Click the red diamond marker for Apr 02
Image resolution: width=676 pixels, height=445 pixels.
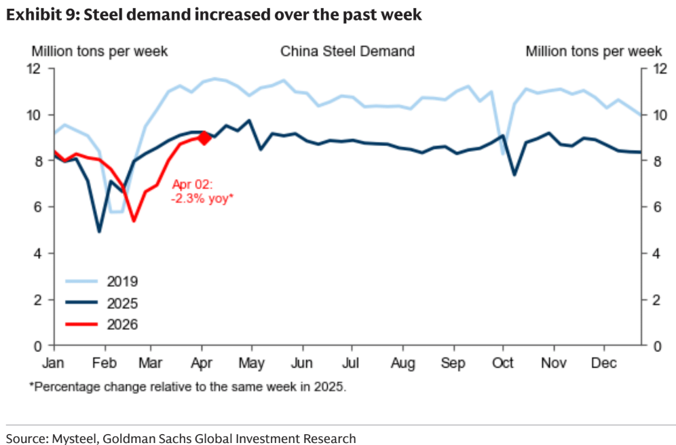coord(203,138)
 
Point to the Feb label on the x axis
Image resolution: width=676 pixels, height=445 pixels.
coord(104,363)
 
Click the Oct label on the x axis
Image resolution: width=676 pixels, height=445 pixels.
coord(504,363)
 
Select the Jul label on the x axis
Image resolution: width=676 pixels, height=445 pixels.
coord(351,363)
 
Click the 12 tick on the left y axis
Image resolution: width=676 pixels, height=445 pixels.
coord(34,68)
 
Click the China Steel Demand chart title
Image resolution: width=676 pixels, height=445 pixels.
coord(348,52)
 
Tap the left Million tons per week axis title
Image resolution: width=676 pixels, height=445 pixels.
coord(100,52)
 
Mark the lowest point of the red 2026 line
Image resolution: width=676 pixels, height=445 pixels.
coord(134,220)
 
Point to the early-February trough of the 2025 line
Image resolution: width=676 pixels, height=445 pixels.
coord(99,232)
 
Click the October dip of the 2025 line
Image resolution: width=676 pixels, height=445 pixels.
coord(514,174)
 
